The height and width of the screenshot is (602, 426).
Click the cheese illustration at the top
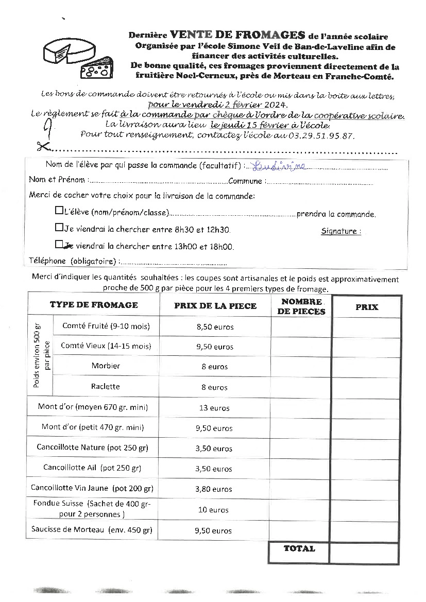click(x=77, y=57)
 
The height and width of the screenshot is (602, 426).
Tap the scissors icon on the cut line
click(x=43, y=146)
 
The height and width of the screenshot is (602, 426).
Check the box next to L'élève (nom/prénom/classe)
click(x=59, y=211)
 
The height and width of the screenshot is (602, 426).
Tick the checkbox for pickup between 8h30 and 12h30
click(x=59, y=228)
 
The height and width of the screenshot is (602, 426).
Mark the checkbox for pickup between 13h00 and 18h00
click(x=59, y=245)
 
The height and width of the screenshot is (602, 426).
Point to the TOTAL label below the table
click(x=299, y=549)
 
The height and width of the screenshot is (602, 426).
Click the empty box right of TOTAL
click(x=364, y=553)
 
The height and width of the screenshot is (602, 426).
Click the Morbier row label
click(x=106, y=366)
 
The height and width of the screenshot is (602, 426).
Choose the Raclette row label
click(x=105, y=386)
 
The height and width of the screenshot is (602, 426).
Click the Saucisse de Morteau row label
click(x=92, y=529)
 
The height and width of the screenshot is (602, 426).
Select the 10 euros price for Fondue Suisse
click(x=213, y=510)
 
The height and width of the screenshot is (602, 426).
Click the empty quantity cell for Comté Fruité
click(x=301, y=327)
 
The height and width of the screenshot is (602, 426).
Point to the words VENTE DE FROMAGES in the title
click(x=237, y=36)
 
